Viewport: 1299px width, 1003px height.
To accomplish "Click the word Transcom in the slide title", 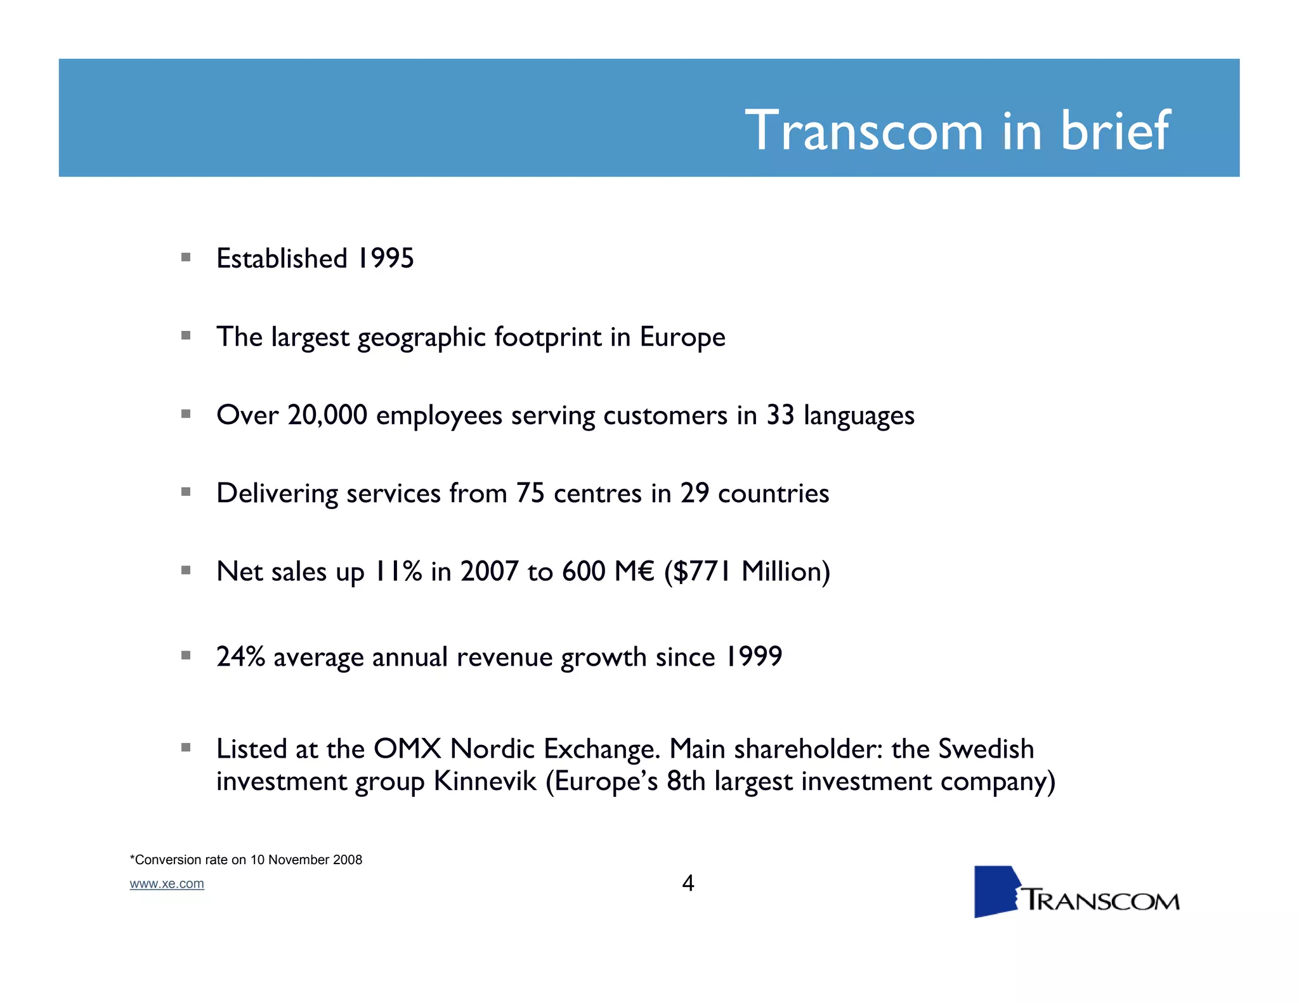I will (864, 131).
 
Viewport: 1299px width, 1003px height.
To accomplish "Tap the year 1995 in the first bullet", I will (385, 259).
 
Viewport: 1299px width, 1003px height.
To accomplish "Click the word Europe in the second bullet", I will (682, 337).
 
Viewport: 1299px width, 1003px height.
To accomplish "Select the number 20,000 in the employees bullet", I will (327, 415).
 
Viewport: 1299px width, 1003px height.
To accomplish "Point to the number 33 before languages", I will (780, 415).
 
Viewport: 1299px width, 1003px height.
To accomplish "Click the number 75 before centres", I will (530, 493).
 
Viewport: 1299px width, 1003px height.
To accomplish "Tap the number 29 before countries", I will (695, 493).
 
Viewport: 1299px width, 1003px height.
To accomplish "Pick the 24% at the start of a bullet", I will (240, 656).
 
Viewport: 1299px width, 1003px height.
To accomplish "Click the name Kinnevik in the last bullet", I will (485, 781).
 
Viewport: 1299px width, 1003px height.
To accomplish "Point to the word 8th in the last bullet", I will (686, 781).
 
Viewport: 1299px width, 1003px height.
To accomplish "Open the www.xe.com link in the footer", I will (167, 884).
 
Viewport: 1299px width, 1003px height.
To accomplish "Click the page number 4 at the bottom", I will (688, 883).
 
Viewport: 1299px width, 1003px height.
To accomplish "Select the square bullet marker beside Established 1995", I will (186, 257).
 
